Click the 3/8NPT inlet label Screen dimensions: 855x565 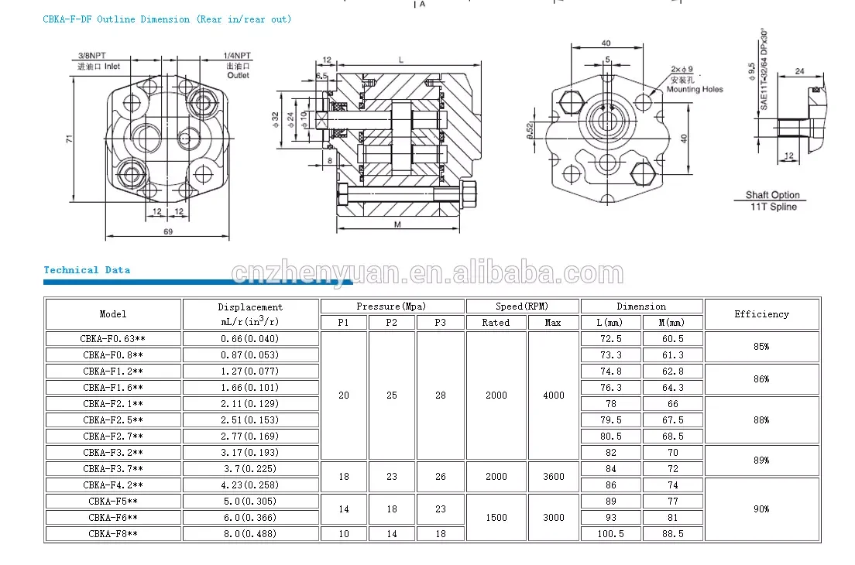pyautogui.click(x=91, y=56)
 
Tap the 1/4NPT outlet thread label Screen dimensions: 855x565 pyautogui.click(x=237, y=56)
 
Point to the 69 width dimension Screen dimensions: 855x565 pyautogui.click(x=168, y=231)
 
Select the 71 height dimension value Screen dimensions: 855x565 pyautogui.click(x=69, y=139)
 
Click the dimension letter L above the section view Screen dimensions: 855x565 pyautogui.click(x=401, y=60)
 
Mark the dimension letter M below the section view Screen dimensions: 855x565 pyautogui.click(x=397, y=224)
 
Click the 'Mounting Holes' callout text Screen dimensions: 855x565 pyautogui.click(x=695, y=89)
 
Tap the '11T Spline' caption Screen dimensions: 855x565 pyautogui.click(x=773, y=207)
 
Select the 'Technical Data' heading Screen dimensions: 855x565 pyautogui.click(x=87, y=269)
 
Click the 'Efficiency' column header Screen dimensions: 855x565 pyautogui.click(x=762, y=313)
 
